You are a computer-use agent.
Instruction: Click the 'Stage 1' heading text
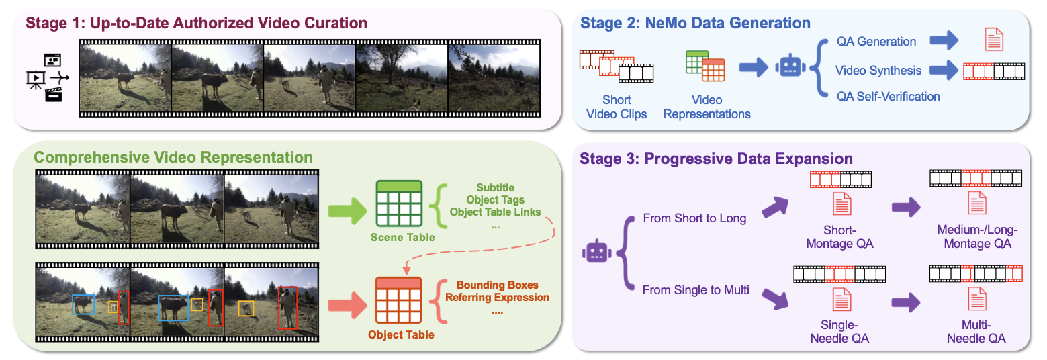(x=196, y=24)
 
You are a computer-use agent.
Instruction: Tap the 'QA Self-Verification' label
(x=888, y=97)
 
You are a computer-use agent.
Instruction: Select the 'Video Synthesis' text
(x=878, y=70)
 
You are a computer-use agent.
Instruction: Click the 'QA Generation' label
(x=876, y=42)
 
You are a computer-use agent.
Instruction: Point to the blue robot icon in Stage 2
(x=792, y=67)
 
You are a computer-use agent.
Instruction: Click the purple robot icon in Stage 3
(x=596, y=252)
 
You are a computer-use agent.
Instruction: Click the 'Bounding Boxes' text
(x=497, y=285)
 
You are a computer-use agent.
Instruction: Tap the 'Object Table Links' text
(x=496, y=212)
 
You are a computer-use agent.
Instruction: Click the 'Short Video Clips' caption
(x=617, y=107)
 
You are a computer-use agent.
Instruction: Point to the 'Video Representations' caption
(x=707, y=107)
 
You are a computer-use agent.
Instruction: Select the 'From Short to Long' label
(x=694, y=218)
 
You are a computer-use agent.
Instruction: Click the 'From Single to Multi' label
(x=696, y=290)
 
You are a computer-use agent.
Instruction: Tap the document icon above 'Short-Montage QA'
(x=841, y=204)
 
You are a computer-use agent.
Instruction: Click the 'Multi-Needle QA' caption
(x=976, y=332)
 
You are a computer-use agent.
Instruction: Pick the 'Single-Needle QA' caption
(x=840, y=332)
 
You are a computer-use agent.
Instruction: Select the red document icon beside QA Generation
(x=993, y=40)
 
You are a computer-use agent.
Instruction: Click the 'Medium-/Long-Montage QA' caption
(x=976, y=237)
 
